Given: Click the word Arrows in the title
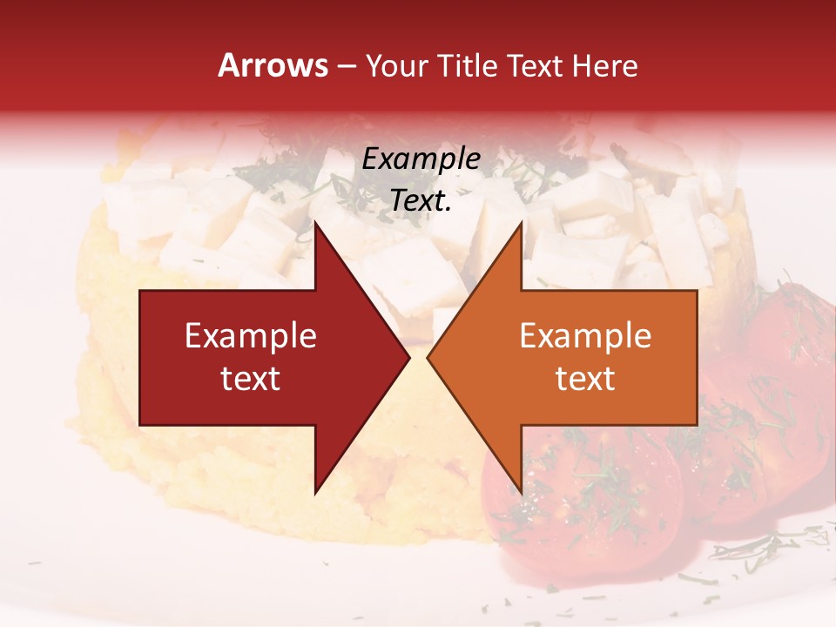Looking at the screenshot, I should [x=273, y=65].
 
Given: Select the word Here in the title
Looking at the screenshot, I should [x=604, y=65].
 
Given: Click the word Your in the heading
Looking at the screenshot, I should [x=397, y=65].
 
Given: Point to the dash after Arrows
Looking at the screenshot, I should [x=346, y=67].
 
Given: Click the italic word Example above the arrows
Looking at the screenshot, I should [x=421, y=159].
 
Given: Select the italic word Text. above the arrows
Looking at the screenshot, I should [x=421, y=201].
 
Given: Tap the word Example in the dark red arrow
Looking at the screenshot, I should [x=251, y=336].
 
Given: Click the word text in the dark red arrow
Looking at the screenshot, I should [x=251, y=379].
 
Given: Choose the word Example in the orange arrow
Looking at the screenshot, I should [x=585, y=336].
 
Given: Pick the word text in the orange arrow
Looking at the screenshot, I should [x=585, y=379].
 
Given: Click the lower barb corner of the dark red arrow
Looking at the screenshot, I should [x=315, y=492].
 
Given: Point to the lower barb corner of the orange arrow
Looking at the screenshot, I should [x=521, y=492].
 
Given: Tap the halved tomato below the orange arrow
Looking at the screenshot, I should [x=592, y=505].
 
